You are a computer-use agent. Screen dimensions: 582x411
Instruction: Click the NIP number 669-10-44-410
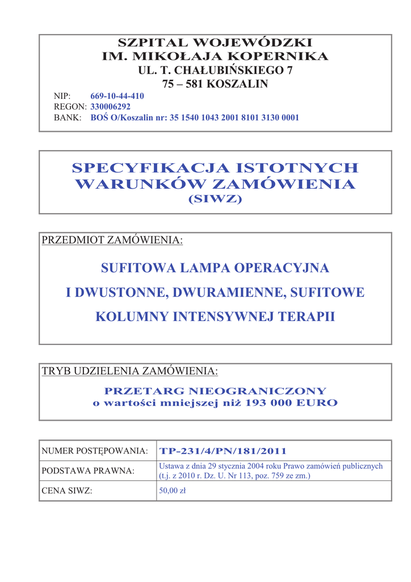[x=117, y=96]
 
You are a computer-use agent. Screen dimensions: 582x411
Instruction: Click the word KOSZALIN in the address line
[x=238, y=84]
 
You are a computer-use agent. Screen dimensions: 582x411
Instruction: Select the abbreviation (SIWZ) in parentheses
[x=215, y=199]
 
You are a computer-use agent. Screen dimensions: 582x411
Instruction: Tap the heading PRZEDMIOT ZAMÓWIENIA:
[x=112, y=240]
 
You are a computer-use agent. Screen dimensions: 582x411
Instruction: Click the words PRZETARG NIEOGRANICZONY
[x=216, y=391]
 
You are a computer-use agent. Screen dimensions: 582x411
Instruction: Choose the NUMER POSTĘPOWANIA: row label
[x=95, y=451]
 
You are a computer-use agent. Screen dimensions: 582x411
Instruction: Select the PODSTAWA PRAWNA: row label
[x=88, y=471]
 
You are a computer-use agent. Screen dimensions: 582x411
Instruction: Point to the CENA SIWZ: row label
[x=67, y=491]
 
